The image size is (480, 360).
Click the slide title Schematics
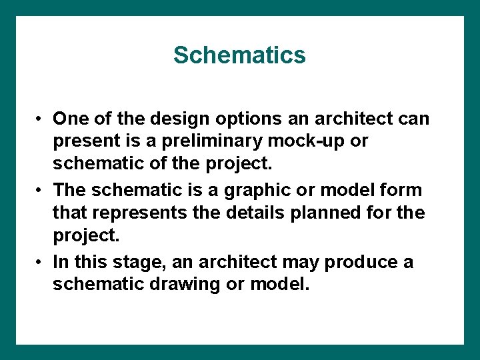(239, 55)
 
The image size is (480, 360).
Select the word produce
(362, 262)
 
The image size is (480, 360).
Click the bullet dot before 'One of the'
(41, 119)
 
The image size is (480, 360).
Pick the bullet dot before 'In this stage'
(41, 263)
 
